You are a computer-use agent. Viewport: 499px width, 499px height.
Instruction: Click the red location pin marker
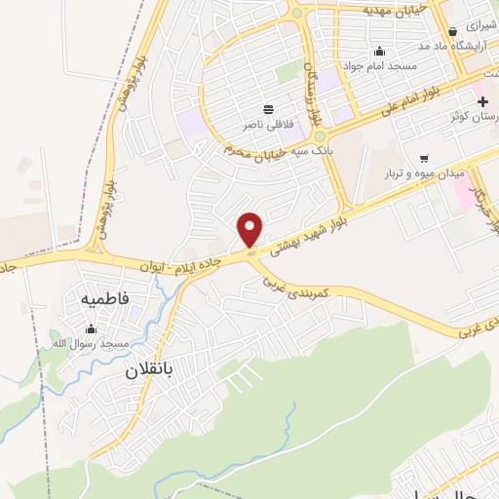[x=250, y=229]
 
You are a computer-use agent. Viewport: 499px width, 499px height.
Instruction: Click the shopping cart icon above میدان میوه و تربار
[x=423, y=158]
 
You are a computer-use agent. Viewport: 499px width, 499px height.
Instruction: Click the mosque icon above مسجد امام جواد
[x=379, y=52]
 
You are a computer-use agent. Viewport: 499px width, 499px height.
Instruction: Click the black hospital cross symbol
[x=482, y=101]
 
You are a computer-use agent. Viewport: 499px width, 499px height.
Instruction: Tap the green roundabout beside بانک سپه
[x=319, y=136]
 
